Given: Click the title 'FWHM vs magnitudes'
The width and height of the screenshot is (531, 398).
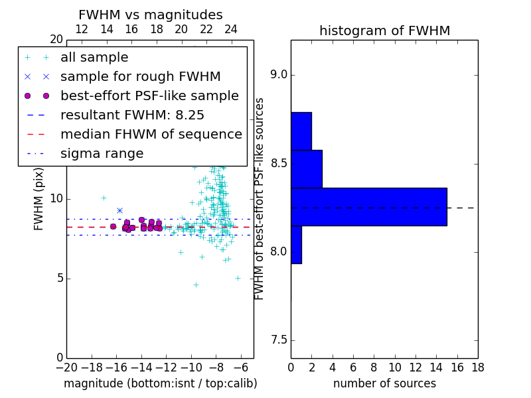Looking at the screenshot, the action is pyautogui.click(x=151, y=15).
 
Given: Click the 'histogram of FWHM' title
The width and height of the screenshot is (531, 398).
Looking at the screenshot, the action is pyautogui.click(x=385, y=31).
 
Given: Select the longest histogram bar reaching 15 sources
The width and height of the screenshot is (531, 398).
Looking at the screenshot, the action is pyautogui.click(x=369, y=207).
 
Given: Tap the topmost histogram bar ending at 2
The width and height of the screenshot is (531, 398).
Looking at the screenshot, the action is pyautogui.click(x=301, y=131).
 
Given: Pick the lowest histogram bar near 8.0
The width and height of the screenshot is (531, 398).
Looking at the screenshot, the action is pyautogui.click(x=296, y=245).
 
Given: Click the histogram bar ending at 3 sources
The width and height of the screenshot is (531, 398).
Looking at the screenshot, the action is pyautogui.click(x=307, y=169).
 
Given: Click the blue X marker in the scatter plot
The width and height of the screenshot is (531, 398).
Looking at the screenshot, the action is pyautogui.click(x=119, y=210).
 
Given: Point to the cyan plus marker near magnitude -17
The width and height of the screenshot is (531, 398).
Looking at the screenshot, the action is pyautogui.click(x=104, y=198).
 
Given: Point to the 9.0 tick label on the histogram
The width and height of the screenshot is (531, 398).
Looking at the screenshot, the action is pyautogui.click(x=278, y=75).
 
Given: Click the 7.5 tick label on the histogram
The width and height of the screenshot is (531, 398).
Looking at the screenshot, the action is pyautogui.click(x=278, y=340).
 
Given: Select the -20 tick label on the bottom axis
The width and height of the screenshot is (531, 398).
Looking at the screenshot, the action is pyautogui.click(x=67, y=367).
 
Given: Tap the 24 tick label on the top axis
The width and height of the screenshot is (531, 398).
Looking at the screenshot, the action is pyautogui.click(x=231, y=29).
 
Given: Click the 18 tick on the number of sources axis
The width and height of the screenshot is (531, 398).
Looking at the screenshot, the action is pyautogui.click(x=478, y=367).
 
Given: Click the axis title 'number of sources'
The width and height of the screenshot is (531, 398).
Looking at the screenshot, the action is pyautogui.click(x=385, y=383).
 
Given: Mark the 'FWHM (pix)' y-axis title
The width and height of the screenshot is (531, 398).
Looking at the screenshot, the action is pyautogui.click(x=38, y=199).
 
